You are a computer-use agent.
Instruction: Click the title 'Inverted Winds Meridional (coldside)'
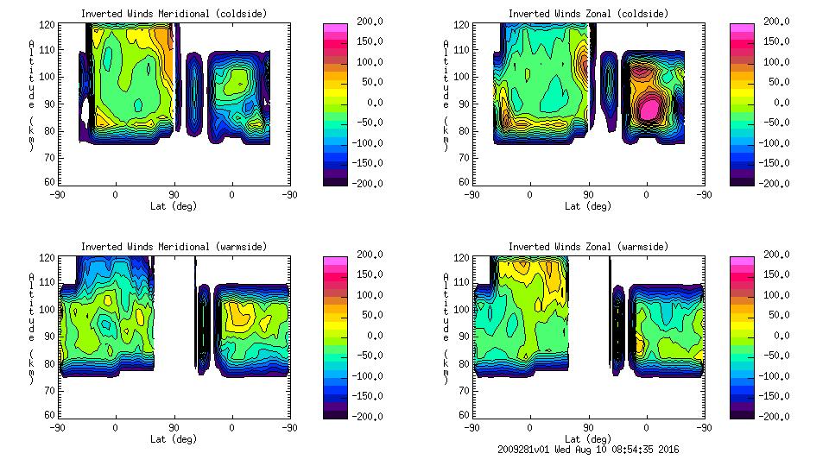(x=174, y=14)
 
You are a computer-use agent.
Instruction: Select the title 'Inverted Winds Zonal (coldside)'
(x=588, y=14)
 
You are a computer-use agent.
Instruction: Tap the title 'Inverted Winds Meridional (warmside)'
(x=174, y=247)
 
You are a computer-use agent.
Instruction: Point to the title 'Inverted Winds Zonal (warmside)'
(x=588, y=247)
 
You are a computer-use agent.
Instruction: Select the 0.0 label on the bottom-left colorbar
(x=377, y=335)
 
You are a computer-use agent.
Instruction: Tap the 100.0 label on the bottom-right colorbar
(x=778, y=295)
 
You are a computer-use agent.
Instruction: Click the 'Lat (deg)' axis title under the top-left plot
(x=174, y=206)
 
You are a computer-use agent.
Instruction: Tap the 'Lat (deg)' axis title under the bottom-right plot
(x=588, y=438)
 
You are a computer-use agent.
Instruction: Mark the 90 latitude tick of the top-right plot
(x=588, y=194)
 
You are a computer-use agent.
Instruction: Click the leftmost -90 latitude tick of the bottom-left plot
(x=57, y=427)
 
